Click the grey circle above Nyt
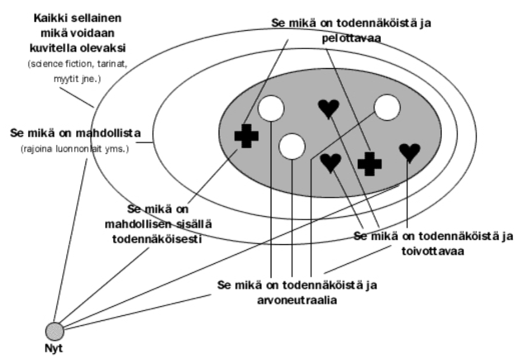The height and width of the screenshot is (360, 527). [x=55, y=331]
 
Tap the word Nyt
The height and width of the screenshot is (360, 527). [x=54, y=349]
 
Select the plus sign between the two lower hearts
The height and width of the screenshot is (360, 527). [x=369, y=164]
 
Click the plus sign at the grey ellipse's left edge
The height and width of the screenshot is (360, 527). [x=246, y=136]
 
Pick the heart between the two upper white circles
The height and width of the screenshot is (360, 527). [x=329, y=108]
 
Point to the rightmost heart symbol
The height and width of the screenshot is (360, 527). [x=410, y=153]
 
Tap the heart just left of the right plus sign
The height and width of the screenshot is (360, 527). [x=331, y=163]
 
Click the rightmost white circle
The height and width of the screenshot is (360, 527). [x=387, y=107]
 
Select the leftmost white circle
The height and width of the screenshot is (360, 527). [x=271, y=108]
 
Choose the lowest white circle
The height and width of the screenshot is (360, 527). [x=291, y=146]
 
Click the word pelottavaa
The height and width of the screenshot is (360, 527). [x=351, y=38]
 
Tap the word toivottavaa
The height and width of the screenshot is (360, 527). [x=433, y=251]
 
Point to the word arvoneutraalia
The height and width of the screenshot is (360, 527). [x=297, y=300]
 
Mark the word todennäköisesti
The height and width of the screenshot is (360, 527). [x=157, y=239]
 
